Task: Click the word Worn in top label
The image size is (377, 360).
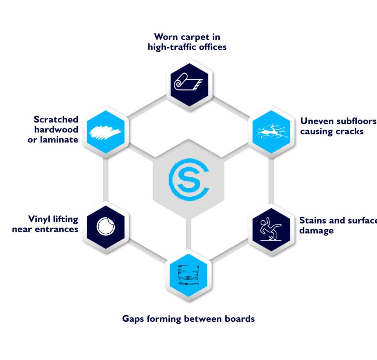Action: [x=166, y=37]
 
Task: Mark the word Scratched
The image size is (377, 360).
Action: [x=56, y=120]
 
